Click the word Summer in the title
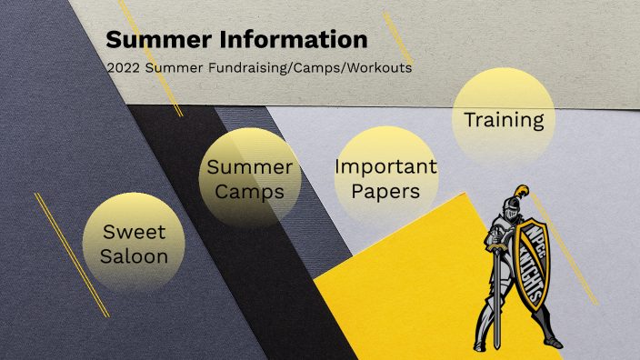[150, 40]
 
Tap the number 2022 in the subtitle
[125, 68]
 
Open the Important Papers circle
[385, 178]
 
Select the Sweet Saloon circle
[135, 243]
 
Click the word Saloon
[135, 256]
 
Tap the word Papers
[386, 192]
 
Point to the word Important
[385, 166]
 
